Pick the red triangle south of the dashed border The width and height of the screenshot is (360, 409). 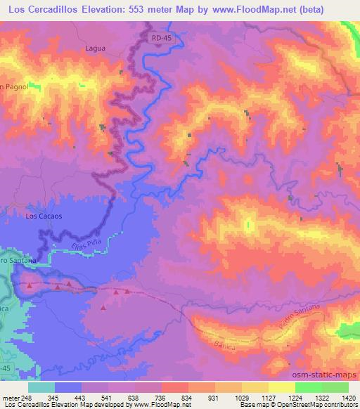tap(103, 307)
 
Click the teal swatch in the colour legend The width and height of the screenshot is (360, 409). tap(41, 387)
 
